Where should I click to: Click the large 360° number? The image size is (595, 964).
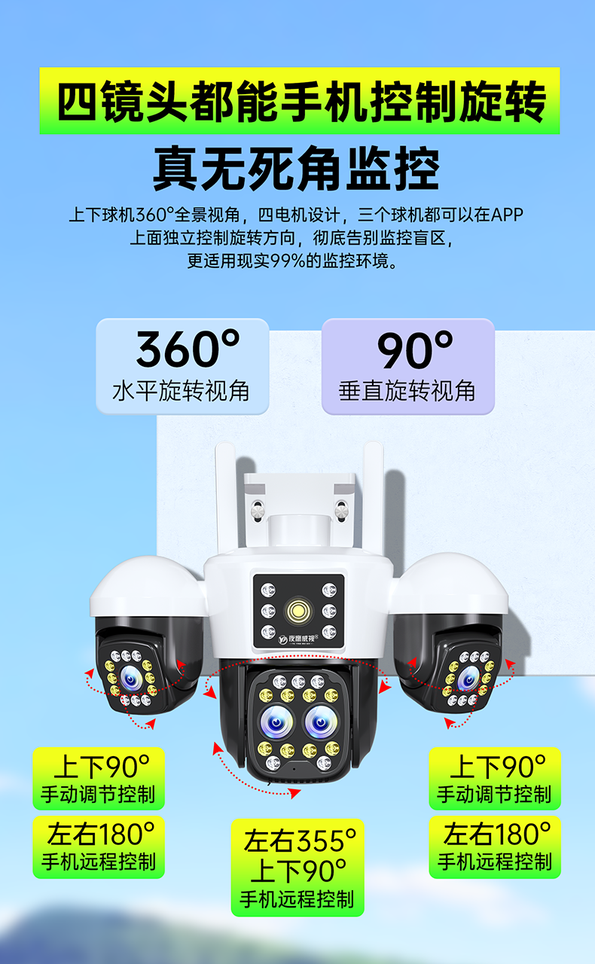click(x=188, y=349)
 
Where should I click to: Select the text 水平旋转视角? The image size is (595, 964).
click(x=181, y=391)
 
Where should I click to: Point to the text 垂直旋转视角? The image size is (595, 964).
click(x=407, y=391)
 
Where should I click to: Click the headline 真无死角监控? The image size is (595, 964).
click(x=297, y=170)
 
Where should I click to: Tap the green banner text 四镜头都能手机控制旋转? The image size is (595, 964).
click(x=300, y=102)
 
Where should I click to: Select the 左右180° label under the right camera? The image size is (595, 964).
click(x=496, y=834)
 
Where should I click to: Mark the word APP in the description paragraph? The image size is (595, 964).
click(x=506, y=215)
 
